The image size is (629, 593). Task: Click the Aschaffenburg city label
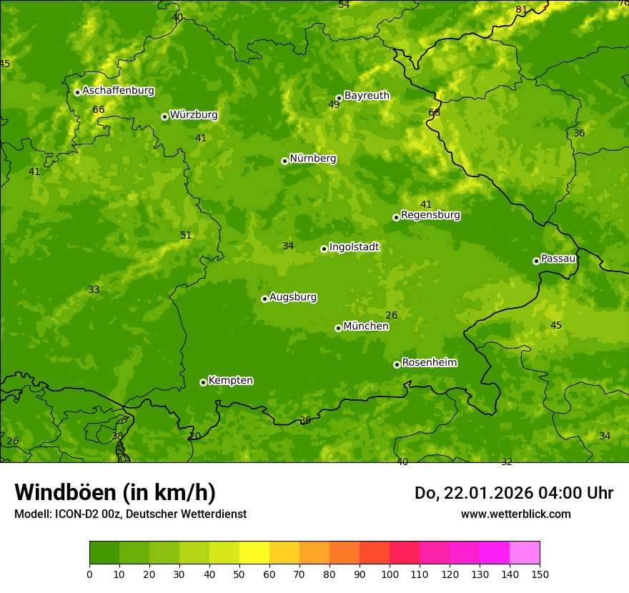tap(118, 91)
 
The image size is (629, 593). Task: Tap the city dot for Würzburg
tap(164, 116)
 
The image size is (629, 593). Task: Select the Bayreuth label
tap(367, 95)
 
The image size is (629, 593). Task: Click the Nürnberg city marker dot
tap(284, 161)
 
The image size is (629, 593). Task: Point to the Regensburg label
tap(430, 214)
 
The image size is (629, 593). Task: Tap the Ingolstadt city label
tap(354, 246)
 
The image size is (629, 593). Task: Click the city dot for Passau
tap(536, 261)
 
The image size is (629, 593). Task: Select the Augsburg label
tap(293, 296)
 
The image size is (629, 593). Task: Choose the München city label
tap(366, 326)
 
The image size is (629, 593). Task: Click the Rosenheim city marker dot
tap(397, 364)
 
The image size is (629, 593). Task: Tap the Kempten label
tap(230, 380)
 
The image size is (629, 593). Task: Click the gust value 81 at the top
tap(521, 9)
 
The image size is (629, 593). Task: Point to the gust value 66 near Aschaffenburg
tap(99, 109)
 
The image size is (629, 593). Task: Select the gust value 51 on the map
tap(186, 235)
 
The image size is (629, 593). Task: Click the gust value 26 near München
tap(391, 315)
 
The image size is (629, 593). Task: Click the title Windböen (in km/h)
tap(115, 492)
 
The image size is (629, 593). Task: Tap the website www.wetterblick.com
tap(515, 514)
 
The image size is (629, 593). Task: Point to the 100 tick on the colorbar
tap(390, 574)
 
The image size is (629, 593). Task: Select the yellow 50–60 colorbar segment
tap(254, 552)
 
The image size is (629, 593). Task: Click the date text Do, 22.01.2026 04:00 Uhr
tap(514, 493)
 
